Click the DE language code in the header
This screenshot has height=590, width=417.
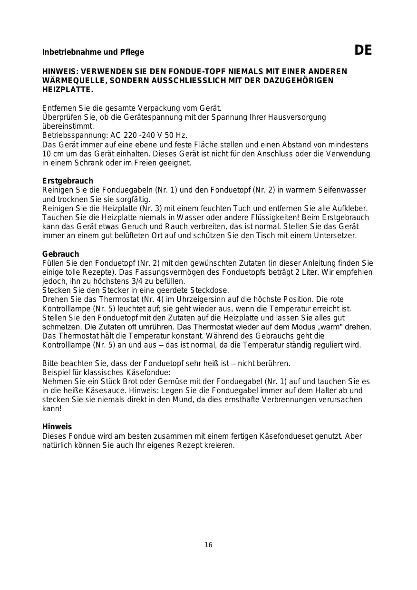[x=363, y=50]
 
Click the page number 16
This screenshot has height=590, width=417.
[x=208, y=545]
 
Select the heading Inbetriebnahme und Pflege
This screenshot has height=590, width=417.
[x=93, y=52]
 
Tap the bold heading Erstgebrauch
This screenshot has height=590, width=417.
[x=68, y=181]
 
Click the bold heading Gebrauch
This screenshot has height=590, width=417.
[x=61, y=254]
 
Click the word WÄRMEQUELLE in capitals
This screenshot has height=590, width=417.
[x=74, y=80]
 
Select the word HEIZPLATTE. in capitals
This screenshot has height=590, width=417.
[x=68, y=89]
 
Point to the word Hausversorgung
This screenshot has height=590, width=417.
[x=299, y=117]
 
